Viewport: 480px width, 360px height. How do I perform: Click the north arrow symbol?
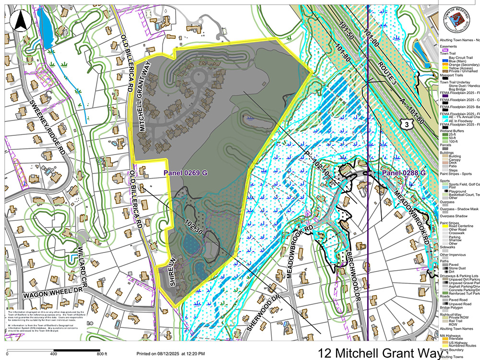pyautogui.click(x=22, y=20)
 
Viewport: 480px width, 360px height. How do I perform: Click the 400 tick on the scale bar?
pyautogui.click(x=53, y=354)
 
